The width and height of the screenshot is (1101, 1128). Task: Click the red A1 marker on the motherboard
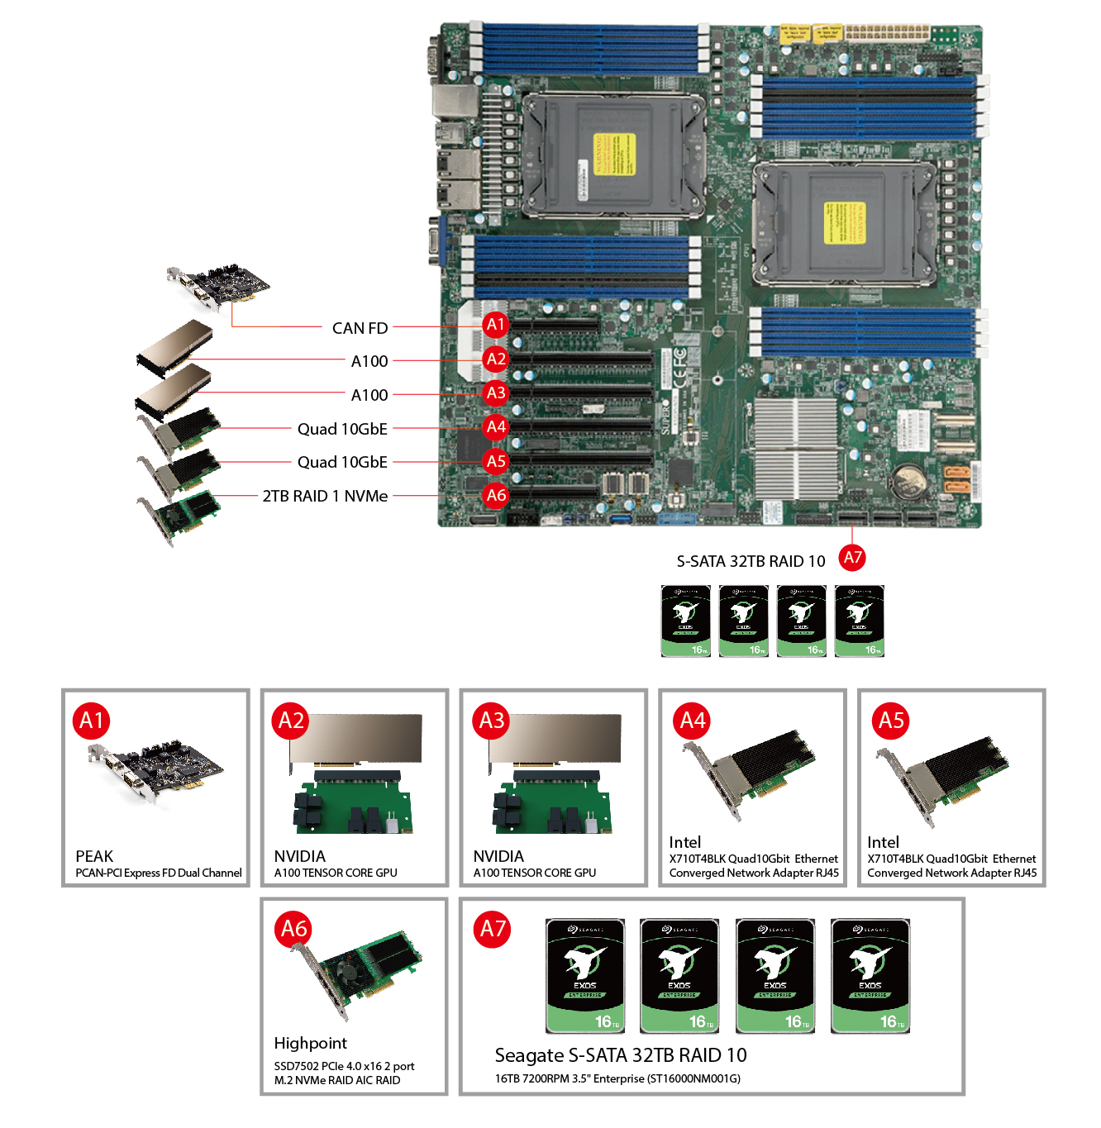pyautogui.click(x=495, y=325)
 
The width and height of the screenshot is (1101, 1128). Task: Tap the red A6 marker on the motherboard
pyautogui.click(x=496, y=495)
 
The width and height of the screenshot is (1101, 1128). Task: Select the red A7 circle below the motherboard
pyautogui.click(x=852, y=558)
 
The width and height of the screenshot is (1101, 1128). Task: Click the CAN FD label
pyautogui.click(x=360, y=328)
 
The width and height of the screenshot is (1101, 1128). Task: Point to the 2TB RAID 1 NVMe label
pyautogui.click(x=325, y=496)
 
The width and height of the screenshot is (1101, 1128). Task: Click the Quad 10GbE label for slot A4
pyautogui.click(x=342, y=429)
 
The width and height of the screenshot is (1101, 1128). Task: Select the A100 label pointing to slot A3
pyautogui.click(x=369, y=395)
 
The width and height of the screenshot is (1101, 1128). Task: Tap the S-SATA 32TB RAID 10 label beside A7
pyautogui.click(x=751, y=561)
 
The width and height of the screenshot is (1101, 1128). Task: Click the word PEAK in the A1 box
pyautogui.click(x=94, y=856)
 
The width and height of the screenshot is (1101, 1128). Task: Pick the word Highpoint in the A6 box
pyautogui.click(x=310, y=1043)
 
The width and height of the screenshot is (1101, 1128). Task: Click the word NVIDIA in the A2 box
pyautogui.click(x=299, y=856)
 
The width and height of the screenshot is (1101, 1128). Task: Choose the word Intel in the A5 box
pyautogui.click(x=883, y=842)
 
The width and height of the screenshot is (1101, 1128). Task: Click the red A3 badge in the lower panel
pyautogui.click(x=492, y=721)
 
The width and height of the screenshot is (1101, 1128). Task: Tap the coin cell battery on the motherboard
pyautogui.click(x=913, y=477)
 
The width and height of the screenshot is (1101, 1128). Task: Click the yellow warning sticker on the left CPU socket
pyautogui.click(x=614, y=154)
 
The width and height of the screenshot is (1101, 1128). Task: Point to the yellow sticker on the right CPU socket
pyautogui.click(x=844, y=222)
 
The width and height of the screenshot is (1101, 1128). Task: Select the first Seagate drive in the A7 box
pyautogui.click(x=585, y=975)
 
